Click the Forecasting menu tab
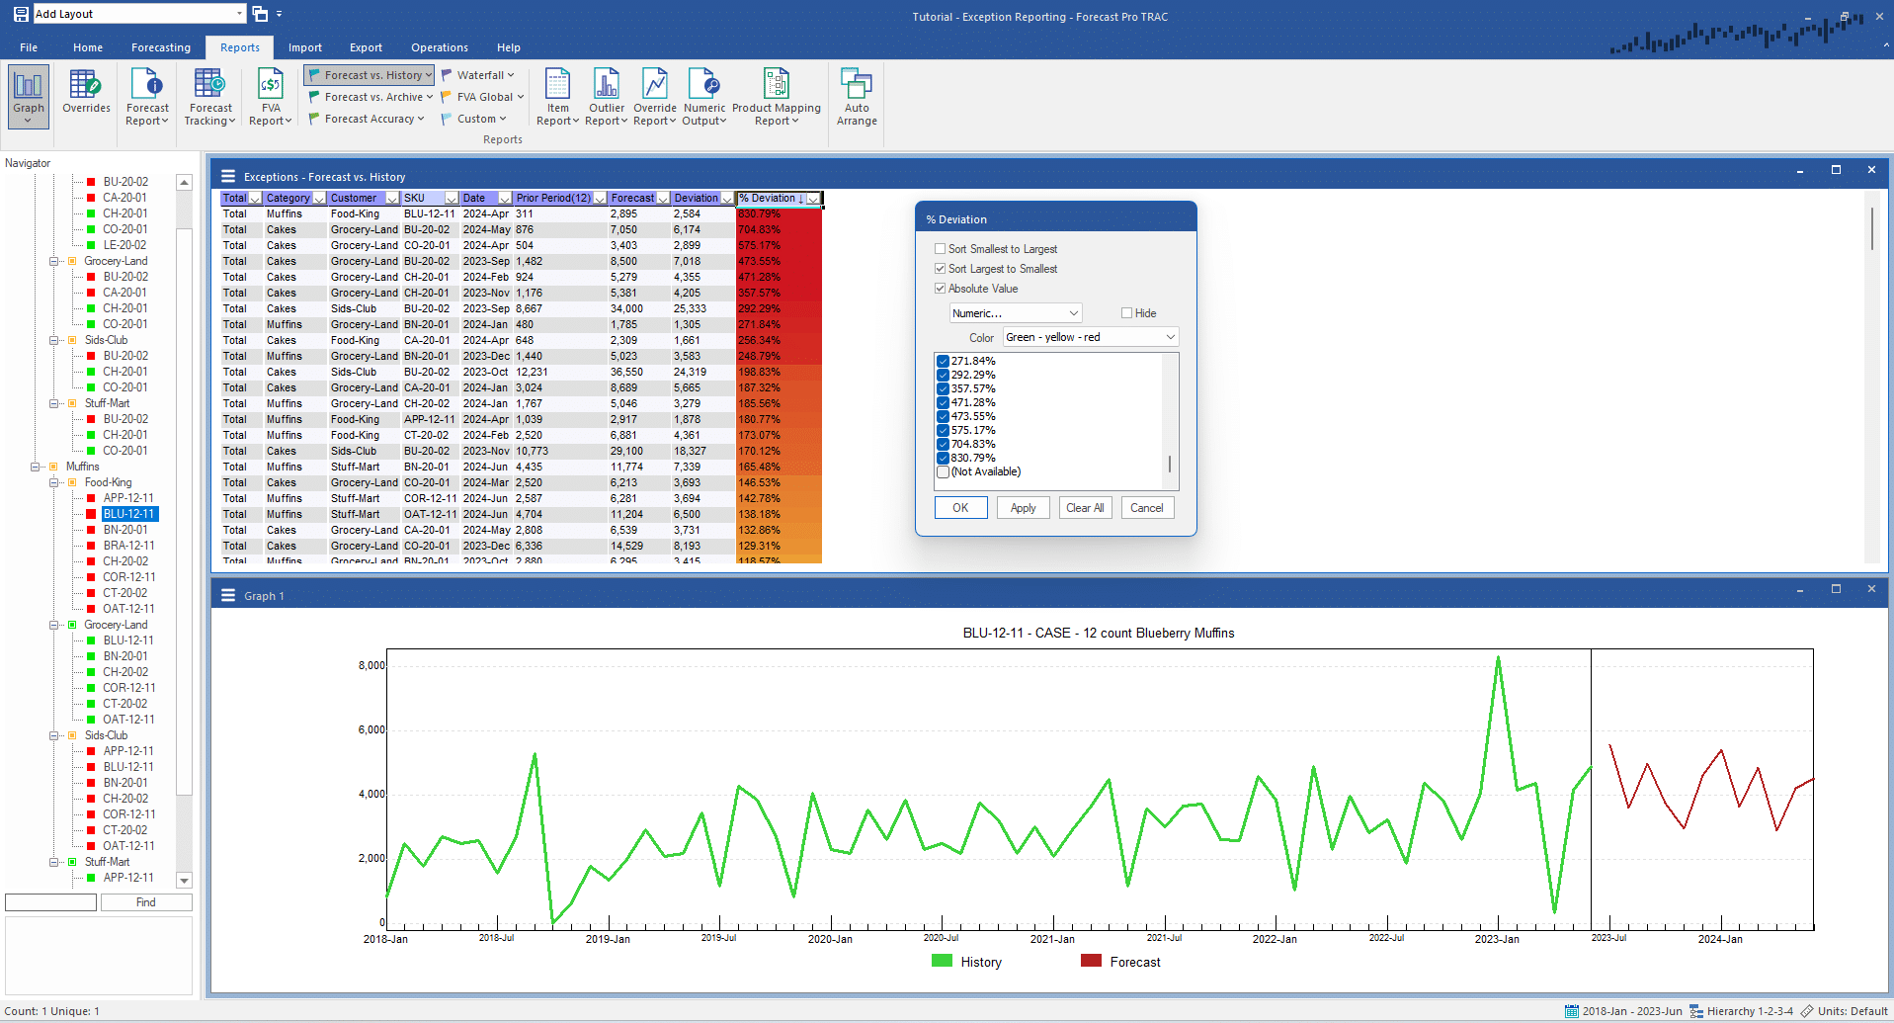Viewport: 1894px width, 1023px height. tap(160, 47)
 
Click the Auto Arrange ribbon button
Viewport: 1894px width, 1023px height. tap(856, 97)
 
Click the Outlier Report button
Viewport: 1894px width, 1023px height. tap(606, 97)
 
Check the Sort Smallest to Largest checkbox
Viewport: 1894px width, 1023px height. tap(941, 249)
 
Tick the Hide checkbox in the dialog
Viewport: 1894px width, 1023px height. tap(1126, 313)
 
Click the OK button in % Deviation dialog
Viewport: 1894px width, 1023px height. tap(960, 508)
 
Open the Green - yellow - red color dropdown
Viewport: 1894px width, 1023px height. tap(1090, 337)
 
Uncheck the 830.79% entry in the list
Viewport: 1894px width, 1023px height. tap(944, 458)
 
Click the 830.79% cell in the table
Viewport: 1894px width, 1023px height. tap(760, 213)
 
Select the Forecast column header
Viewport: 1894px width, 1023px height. tap(632, 198)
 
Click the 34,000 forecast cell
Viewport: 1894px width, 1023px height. tap(626, 308)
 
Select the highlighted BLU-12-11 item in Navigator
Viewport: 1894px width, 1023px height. tap(129, 514)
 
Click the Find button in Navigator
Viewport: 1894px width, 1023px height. tap(146, 902)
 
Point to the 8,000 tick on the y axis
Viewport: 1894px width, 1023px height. tap(371, 665)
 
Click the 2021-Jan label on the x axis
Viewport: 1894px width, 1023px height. tap(1052, 939)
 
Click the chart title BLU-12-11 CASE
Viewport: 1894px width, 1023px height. tap(1098, 633)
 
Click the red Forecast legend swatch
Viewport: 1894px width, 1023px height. tap(1091, 961)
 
